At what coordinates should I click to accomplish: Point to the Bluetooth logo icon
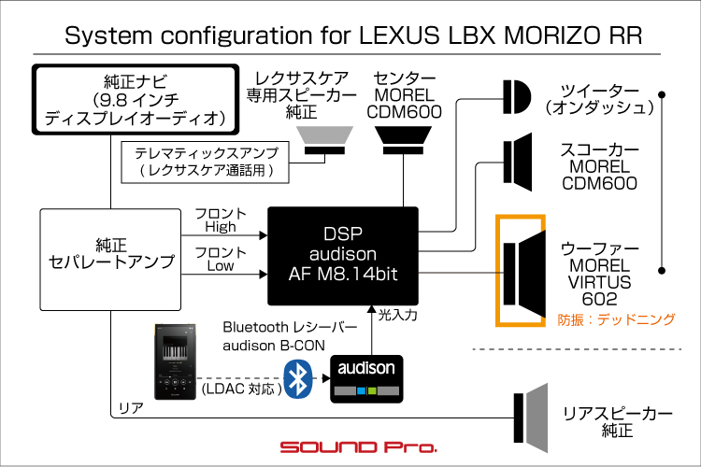point(298,378)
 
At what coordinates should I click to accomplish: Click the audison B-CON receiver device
point(367,377)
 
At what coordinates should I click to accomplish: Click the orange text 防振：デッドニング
point(615,318)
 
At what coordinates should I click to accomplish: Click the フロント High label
point(221,220)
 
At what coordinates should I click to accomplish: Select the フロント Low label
point(221,259)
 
